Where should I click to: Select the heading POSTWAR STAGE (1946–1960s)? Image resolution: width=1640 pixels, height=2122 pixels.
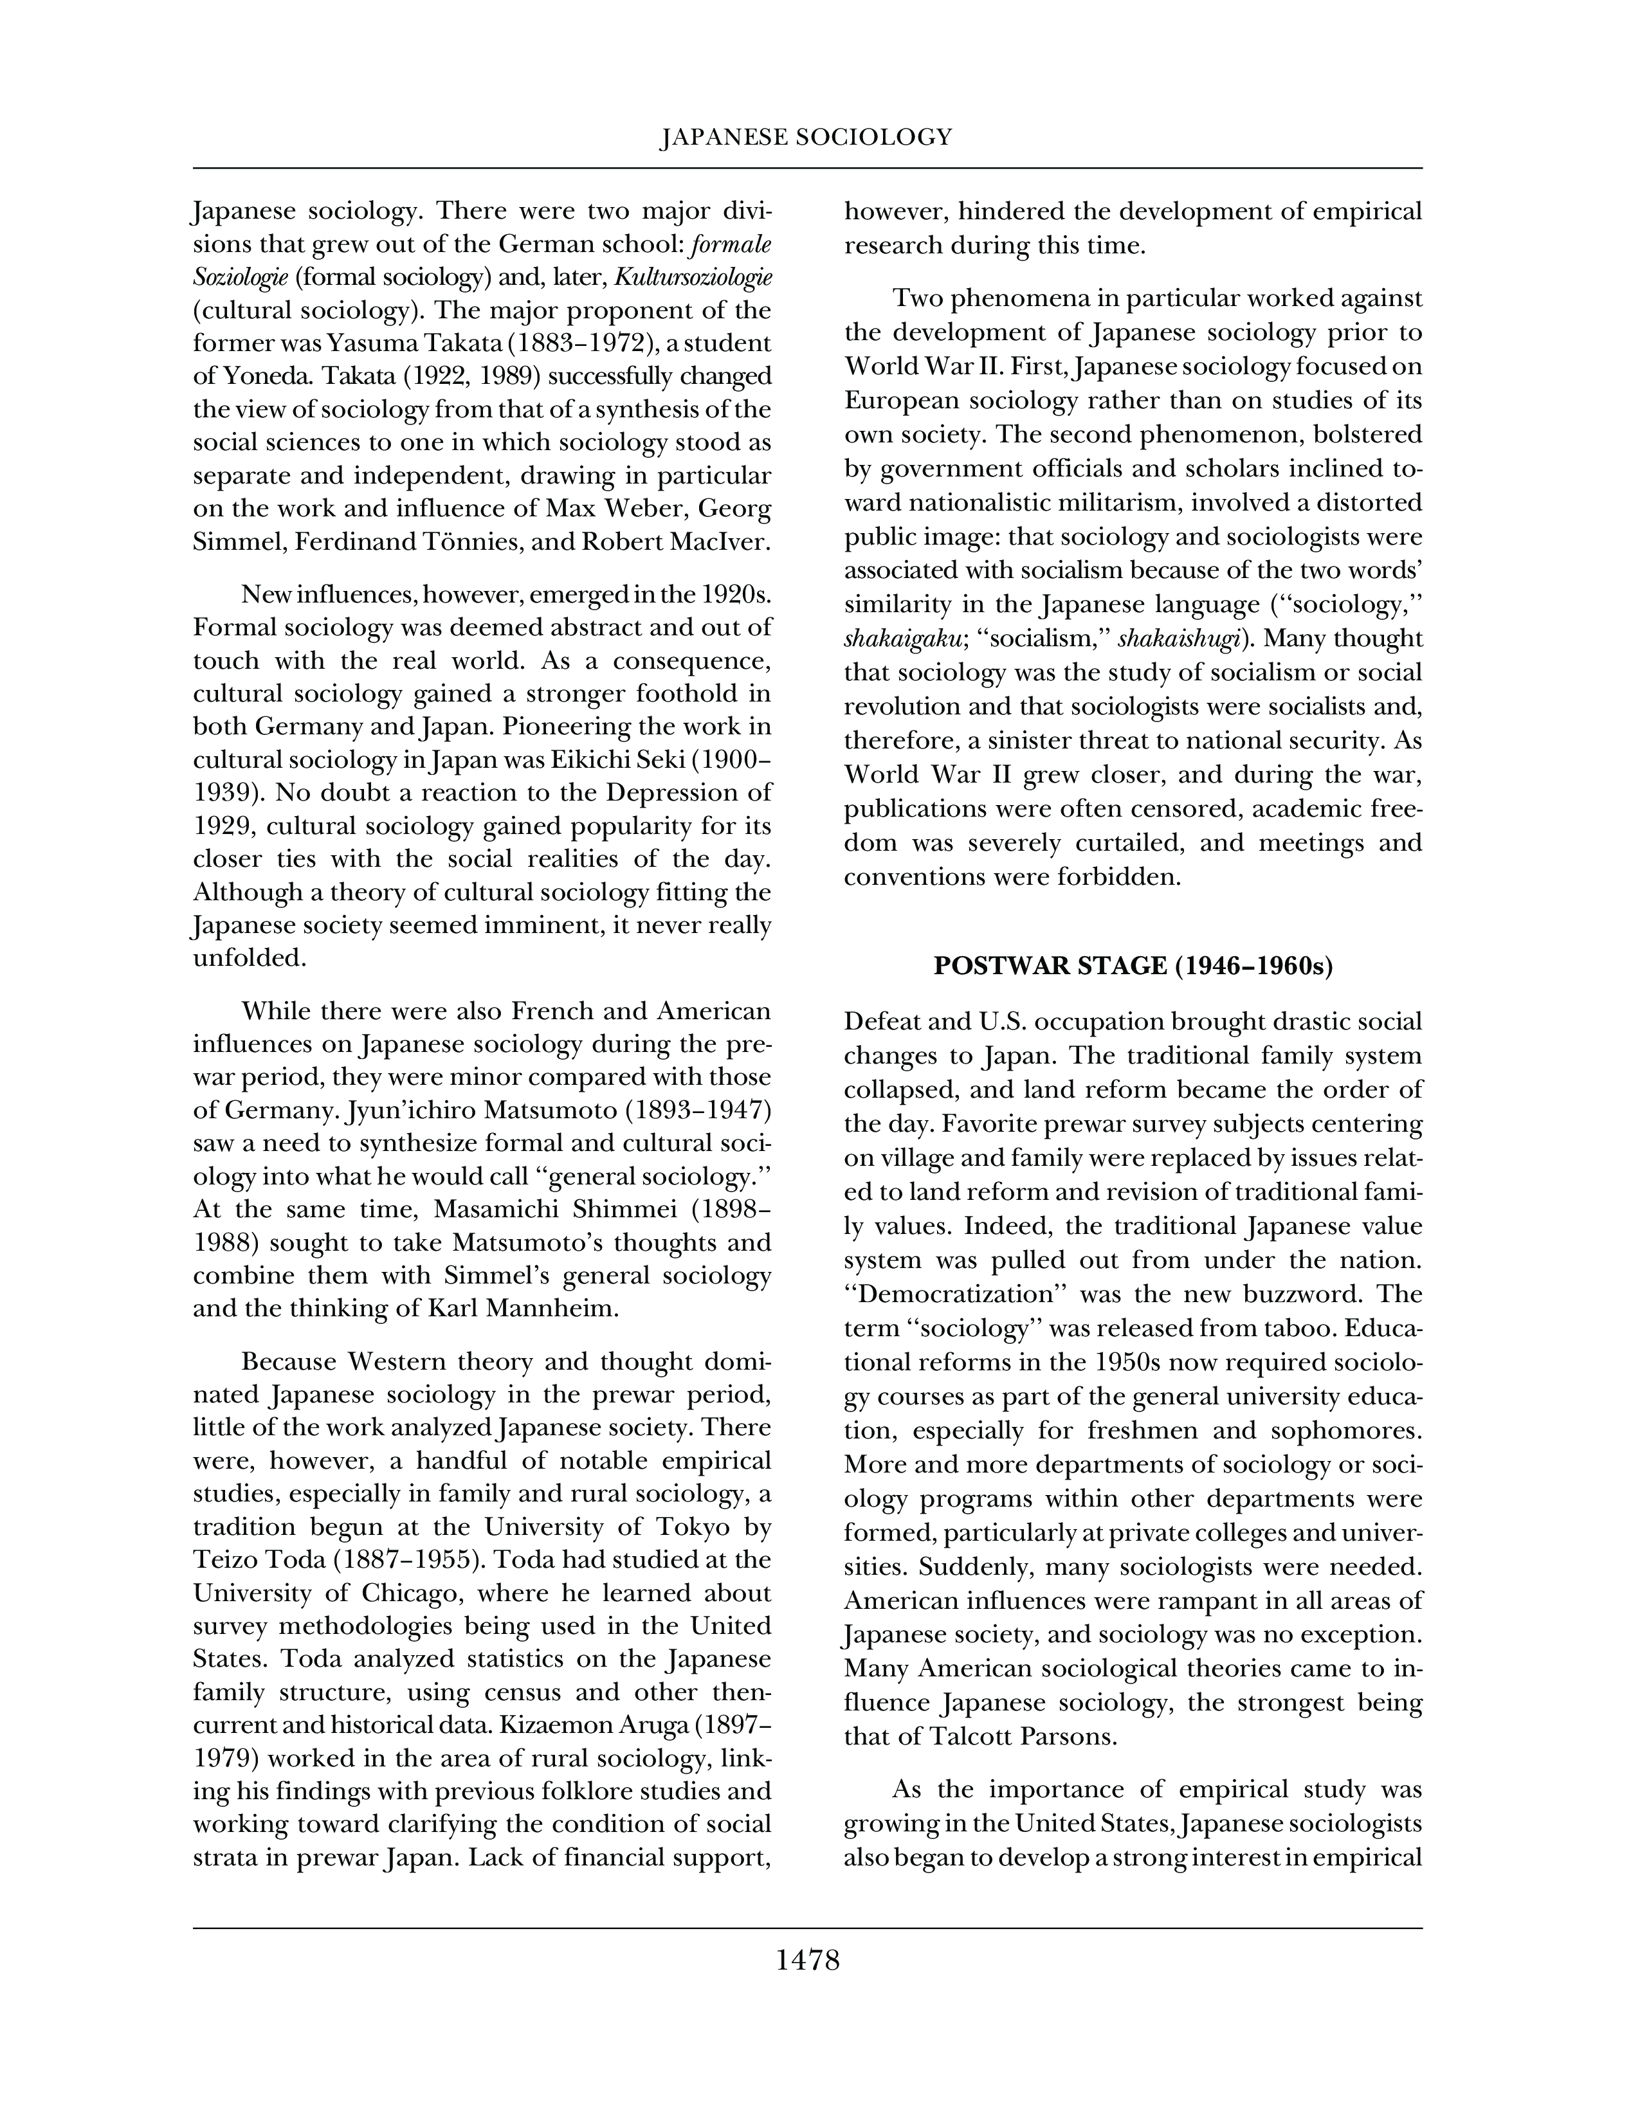(x=1133, y=966)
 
